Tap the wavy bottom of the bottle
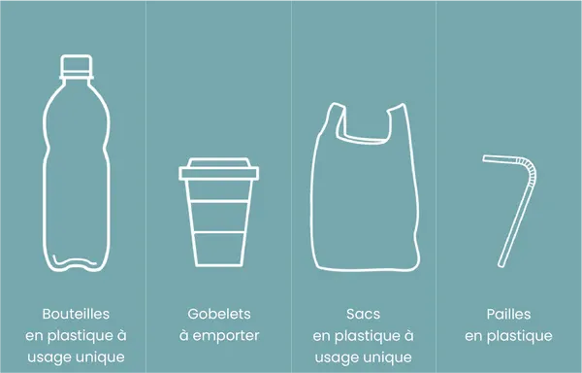(75, 262)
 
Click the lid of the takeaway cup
(218, 169)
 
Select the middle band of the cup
(218, 217)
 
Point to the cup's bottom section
(218, 250)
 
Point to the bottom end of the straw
(501, 264)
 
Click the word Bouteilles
(76, 314)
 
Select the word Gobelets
(219, 314)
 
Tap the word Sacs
(364, 314)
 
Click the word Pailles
(508, 314)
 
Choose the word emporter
(226, 336)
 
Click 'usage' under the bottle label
(49, 357)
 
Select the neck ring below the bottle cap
(77, 77)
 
